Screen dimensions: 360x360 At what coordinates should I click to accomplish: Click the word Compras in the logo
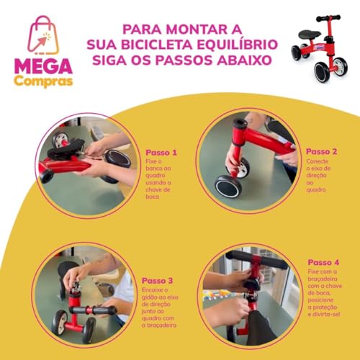click(43, 81)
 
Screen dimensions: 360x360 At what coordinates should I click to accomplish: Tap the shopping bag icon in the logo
click(43, 36)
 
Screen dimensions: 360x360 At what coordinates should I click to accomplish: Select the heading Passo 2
click(321, 152)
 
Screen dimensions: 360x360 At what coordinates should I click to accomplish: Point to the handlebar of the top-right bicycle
click(328, 17)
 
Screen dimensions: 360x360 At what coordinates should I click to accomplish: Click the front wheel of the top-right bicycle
click(322, 71)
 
